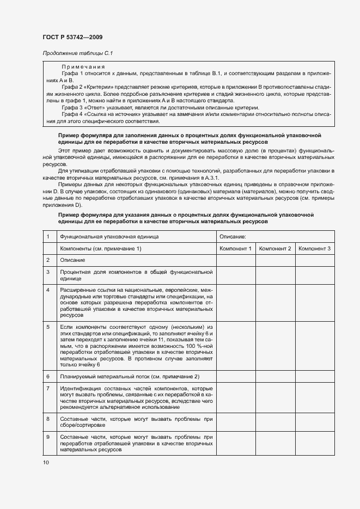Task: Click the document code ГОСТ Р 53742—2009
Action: pos(72,37)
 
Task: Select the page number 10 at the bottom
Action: pos(46,462)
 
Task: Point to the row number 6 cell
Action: pos(48,376)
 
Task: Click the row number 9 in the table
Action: pos(48,437)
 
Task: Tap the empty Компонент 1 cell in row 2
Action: pos(235,260)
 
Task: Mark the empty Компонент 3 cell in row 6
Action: pos(315,376)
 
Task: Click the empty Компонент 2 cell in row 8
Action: pos(275,422)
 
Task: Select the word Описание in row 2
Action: pos(72,260)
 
